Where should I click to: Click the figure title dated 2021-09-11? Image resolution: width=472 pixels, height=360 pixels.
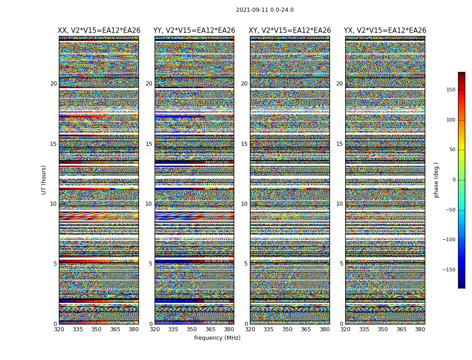tap(264, 10)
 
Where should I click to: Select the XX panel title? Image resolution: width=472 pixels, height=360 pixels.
tap(98, 31)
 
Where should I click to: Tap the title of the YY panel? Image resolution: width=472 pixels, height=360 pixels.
tap(194, 31)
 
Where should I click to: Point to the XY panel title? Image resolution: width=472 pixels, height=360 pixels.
tap(289, 31)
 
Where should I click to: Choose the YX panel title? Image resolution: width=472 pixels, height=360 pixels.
tap(385, 31)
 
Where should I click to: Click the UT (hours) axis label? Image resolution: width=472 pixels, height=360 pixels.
tap(44, 180)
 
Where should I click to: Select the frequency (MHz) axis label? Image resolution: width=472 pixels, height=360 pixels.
tap(217, 338)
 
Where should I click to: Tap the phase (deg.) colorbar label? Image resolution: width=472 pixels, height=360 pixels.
tap(436, 180)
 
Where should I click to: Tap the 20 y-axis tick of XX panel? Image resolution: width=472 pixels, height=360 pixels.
tap(53, 84)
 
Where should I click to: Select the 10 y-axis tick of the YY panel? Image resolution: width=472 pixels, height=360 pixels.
tap(149, 204)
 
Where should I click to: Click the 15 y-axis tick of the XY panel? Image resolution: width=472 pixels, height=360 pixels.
tap(244, 144)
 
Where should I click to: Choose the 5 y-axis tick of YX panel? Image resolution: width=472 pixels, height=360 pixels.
tap(341, 264)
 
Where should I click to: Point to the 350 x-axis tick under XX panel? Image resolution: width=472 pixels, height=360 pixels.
tap(96, 329)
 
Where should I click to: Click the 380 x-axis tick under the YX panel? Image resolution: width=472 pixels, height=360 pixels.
tap(420, 329)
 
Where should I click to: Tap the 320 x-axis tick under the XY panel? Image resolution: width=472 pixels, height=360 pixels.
tap(250, 329)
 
